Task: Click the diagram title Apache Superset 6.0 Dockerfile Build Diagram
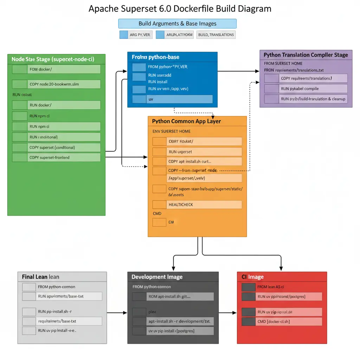tap(180, 8)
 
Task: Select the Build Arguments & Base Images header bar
tap(177, 24)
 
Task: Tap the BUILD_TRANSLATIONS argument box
tap(216, 34)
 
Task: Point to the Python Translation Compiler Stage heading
tap(306, 55)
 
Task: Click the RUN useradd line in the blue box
tap(160, 75)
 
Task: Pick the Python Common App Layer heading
tap(186, 121)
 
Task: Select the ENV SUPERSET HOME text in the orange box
tap(172, 131)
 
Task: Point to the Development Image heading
tap(157, 277)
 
